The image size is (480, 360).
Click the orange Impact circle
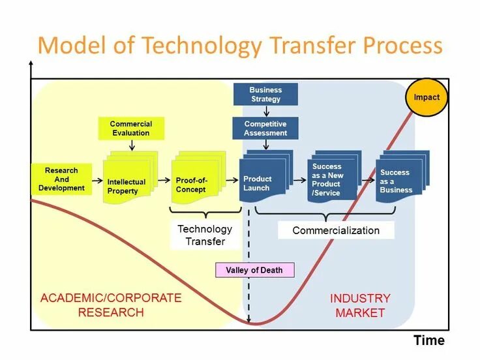tap(427, 97)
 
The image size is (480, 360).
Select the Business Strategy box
tap(265, 95)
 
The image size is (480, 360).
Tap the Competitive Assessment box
tap(265, 128)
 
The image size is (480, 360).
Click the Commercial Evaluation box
tap(131, 128)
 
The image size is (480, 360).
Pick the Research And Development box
tap(61, 179)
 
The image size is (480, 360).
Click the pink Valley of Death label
tap(254, 270)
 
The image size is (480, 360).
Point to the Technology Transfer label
tap(205, 235)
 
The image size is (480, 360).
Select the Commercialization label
tap(336, 230)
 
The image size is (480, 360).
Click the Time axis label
tap(428, 340)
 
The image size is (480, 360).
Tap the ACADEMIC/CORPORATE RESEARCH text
tap(111, 305)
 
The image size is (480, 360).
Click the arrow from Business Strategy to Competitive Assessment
tap(265, 111)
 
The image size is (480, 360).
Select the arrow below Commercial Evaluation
tap(132, 145)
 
